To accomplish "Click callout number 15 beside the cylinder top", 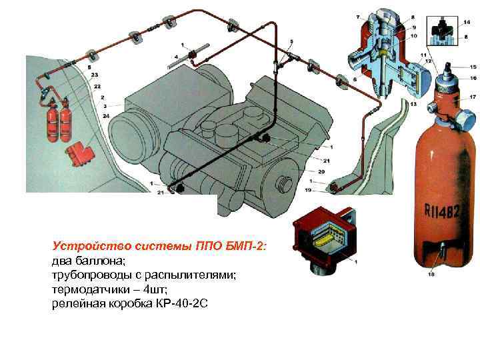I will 473,67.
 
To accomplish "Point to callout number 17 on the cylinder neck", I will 473,97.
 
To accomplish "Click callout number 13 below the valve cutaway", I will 413,105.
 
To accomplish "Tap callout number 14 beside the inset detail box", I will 467,23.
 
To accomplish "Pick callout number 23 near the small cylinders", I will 95,74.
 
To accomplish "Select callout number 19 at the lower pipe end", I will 309,190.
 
